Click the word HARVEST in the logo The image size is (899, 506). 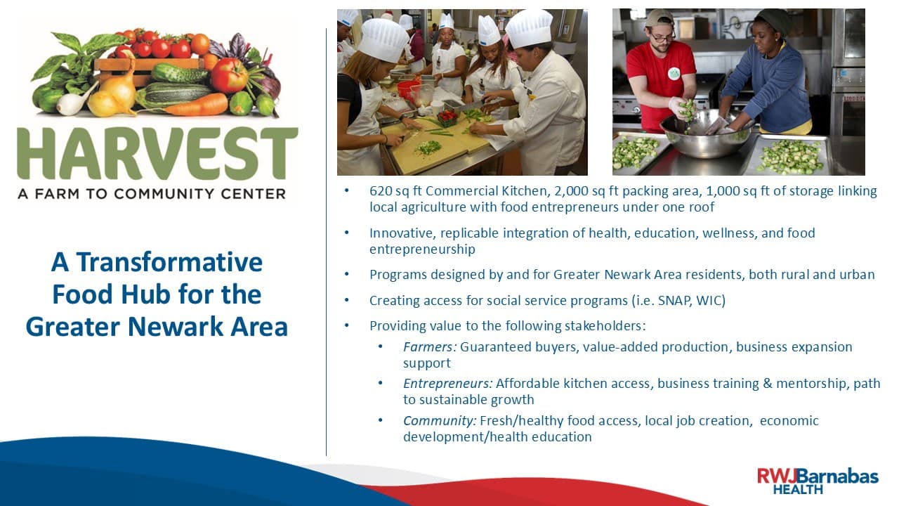tap(157, 153)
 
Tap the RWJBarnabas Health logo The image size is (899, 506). tap(818, 481)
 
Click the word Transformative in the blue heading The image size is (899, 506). tap(169, 262)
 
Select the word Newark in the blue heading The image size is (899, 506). tap(176, 326)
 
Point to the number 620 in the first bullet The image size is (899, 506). tap(381, 191)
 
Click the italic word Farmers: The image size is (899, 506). tap(430, 346)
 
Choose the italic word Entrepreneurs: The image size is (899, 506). tap(448, 384)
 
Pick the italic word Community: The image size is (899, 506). tap(440, 420)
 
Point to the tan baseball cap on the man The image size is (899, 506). tap(660, 19)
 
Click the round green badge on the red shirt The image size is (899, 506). tap(674, 74)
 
